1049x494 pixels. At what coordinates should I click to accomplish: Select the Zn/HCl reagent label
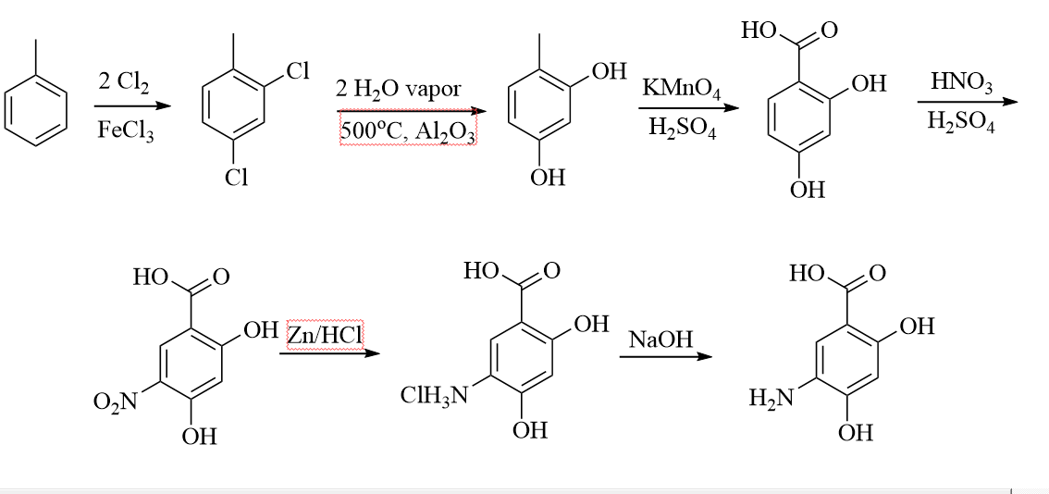tap(325, 336)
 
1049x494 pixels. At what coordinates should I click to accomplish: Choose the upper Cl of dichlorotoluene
tap(296, 71)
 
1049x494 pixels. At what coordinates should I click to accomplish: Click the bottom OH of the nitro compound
tap(199, 436)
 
